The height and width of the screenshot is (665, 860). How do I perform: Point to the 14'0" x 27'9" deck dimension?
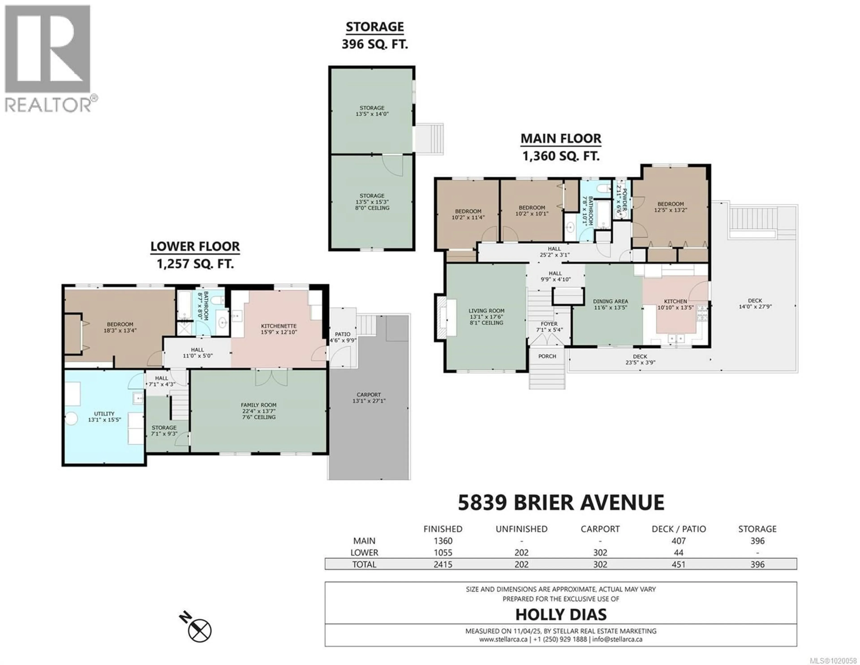(755, 306)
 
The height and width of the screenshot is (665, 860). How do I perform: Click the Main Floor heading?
(561, 139)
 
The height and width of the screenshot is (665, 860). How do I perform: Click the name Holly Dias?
(561, 614)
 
